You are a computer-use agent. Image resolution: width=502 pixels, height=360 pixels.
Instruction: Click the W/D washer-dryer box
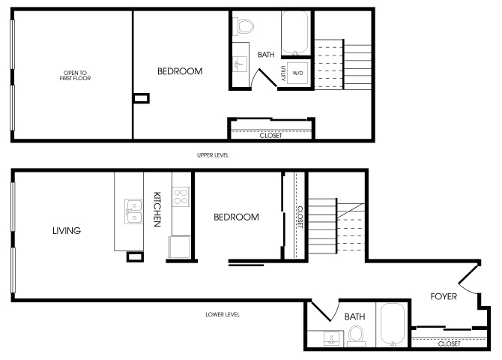pos(297,73)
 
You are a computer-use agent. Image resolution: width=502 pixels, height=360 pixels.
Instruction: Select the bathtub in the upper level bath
pos(295,33)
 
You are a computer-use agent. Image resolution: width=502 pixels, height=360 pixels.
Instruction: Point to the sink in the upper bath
pos(240,64)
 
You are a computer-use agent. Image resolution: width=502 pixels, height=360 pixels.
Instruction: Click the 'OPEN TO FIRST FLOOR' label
pos(75,75)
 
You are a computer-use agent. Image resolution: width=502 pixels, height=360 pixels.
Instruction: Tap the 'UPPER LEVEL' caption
pos(213,155)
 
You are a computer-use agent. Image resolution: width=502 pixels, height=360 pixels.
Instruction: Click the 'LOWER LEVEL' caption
pos(223,314)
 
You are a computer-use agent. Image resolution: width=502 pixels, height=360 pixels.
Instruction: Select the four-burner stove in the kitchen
pos(181,196)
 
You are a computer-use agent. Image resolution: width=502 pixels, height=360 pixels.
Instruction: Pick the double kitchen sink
pos(133,211)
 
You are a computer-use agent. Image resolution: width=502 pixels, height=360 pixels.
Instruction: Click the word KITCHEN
pos(157,209)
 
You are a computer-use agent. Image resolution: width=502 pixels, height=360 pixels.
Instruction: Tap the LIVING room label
pos(67,230)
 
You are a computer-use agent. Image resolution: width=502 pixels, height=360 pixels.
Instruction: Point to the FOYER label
pos(444,296)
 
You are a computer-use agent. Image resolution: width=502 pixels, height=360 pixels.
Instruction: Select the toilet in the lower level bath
pos(356,335)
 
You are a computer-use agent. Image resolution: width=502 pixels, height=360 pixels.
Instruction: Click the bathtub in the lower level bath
pos(393,325)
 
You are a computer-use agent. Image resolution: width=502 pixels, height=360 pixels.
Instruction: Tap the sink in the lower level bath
pos(332,338)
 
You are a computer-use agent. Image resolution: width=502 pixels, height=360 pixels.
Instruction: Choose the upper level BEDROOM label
pos(180,71)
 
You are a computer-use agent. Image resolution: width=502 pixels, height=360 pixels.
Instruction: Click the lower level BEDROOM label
pos(236,217)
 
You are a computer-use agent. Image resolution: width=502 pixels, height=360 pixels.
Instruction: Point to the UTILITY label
pos(283,73)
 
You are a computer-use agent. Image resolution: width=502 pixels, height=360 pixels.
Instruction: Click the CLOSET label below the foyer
pos(449,343)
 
